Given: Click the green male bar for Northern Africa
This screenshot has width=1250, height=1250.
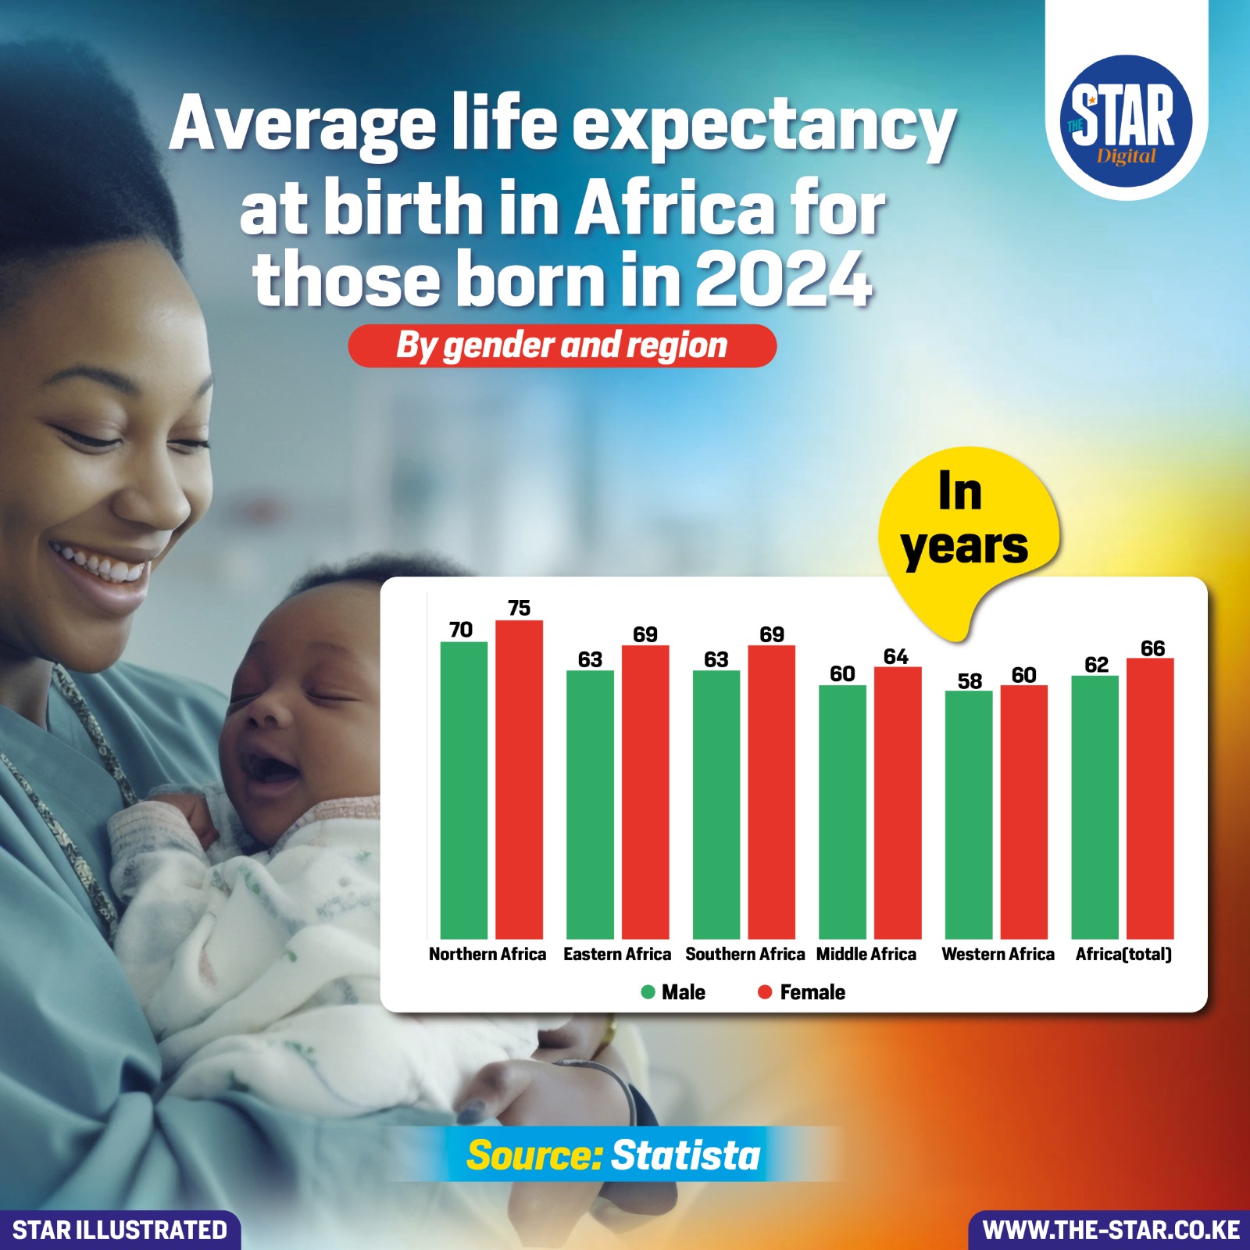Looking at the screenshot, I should pyautogui.click(x=463, y=789).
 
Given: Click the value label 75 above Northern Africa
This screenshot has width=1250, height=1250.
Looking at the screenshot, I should pyautogui.click(x=519, y=608).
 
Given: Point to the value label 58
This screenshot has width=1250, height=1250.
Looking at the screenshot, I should pyautogui.click(x=970, y=680).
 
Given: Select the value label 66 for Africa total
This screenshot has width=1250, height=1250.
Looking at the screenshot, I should pyautogui.click(x=1152, y=648).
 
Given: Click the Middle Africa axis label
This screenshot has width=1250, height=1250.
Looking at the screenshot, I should pyautogui.click(x=866, y=954).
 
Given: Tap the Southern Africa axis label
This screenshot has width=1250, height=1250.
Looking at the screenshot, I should pyautogui.click(x=745, y=954).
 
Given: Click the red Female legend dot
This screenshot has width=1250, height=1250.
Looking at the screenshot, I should pyautogui.click(x=765, y=992).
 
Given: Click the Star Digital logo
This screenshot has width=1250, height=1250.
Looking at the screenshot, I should pyautogui.click(x=1125, y=121).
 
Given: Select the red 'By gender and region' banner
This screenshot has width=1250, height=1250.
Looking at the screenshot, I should pyautogui.click(x=562, y=345).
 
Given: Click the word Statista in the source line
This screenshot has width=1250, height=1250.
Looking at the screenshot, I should pyautogui.click(x=685, y=1155).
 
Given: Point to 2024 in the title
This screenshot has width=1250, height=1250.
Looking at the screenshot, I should pyautogui.click(x=783, y=280).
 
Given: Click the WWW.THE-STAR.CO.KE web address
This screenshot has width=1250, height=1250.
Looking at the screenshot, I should pyautogui.click(x=1110, y=1230).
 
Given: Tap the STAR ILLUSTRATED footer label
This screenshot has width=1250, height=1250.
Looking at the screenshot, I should pyautogui.click(x=120, y=1230).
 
